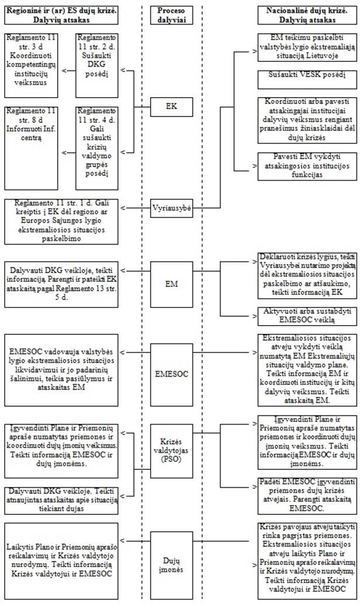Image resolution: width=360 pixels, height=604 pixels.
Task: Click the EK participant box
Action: pyautogui.click(x=171, y=106)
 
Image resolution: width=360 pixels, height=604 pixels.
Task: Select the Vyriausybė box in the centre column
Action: pyautogui.click(x=171, y=208)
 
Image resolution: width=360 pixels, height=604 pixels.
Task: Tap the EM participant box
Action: pyautogui.click(x=171, y=284)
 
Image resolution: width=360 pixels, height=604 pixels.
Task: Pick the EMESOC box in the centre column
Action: pyautogui.click(x=171, y=374)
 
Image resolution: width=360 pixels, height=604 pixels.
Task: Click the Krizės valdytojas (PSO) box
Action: pyautogui.click(x=171, y=451)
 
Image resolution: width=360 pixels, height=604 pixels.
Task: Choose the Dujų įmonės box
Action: pyautogui.click(x=171, y=564)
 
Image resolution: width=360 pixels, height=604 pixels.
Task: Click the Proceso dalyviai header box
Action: pyautogui.click(x=171, y=15)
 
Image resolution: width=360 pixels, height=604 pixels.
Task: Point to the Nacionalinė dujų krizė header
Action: pyautogui.click(x=307, y=15)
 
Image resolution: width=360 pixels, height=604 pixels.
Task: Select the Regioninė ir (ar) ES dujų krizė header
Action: pyautogui.click(x=61, y=15)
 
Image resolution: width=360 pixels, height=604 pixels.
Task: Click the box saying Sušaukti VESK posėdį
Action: pyautogui.click(x=307, y=79)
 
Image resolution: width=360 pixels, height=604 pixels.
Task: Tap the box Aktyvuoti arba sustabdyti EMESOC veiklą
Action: pyautogui.click(x=307, y=316)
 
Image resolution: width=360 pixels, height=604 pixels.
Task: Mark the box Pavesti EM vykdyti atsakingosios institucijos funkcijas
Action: pyautogui.click(x=307, y=166)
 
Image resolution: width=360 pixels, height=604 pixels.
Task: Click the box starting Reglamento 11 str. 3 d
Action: pyautogui.click(x=32, y=65)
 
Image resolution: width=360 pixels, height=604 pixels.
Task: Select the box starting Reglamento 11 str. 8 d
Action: pyautogui.click(x=32, y=149)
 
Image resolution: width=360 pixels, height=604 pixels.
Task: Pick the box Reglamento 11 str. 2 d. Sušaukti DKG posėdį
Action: pyautogui.click(x=96, y=65)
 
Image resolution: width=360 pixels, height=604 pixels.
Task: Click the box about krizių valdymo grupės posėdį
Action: pyautogui.click(x=96, y=149)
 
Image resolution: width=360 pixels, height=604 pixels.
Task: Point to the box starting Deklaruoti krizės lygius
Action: pyautogui.click(x=307, y=276)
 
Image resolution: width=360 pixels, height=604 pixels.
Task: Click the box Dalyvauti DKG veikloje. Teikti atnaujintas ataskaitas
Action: pyautogui.click(x=61, y=501)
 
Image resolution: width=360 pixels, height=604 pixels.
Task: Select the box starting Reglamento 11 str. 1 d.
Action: pyautogui.click(x=61, y=222)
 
